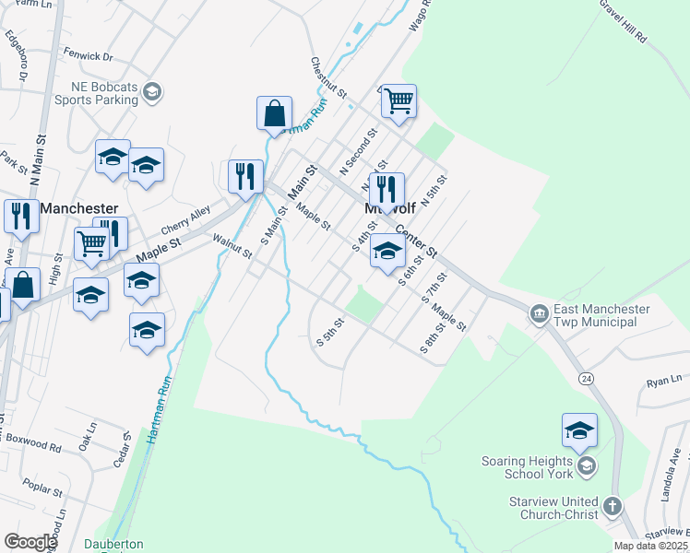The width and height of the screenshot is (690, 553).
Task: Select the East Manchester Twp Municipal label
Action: tap(601, 315)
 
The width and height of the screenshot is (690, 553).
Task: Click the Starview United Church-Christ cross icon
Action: tap(612, 505)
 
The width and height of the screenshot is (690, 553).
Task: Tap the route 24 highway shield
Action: tap(586, 379)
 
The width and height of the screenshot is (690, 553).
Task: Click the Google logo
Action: tap(30, 542)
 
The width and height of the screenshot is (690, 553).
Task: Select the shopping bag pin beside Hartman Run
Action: tap(274, 115)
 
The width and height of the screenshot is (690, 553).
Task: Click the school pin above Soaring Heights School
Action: tap(579, 430)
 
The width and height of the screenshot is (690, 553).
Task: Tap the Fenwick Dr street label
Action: tap(88, 56)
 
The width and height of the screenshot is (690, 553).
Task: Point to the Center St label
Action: tap(415, 239)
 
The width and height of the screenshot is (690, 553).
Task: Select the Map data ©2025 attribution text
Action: tap(649, 546)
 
